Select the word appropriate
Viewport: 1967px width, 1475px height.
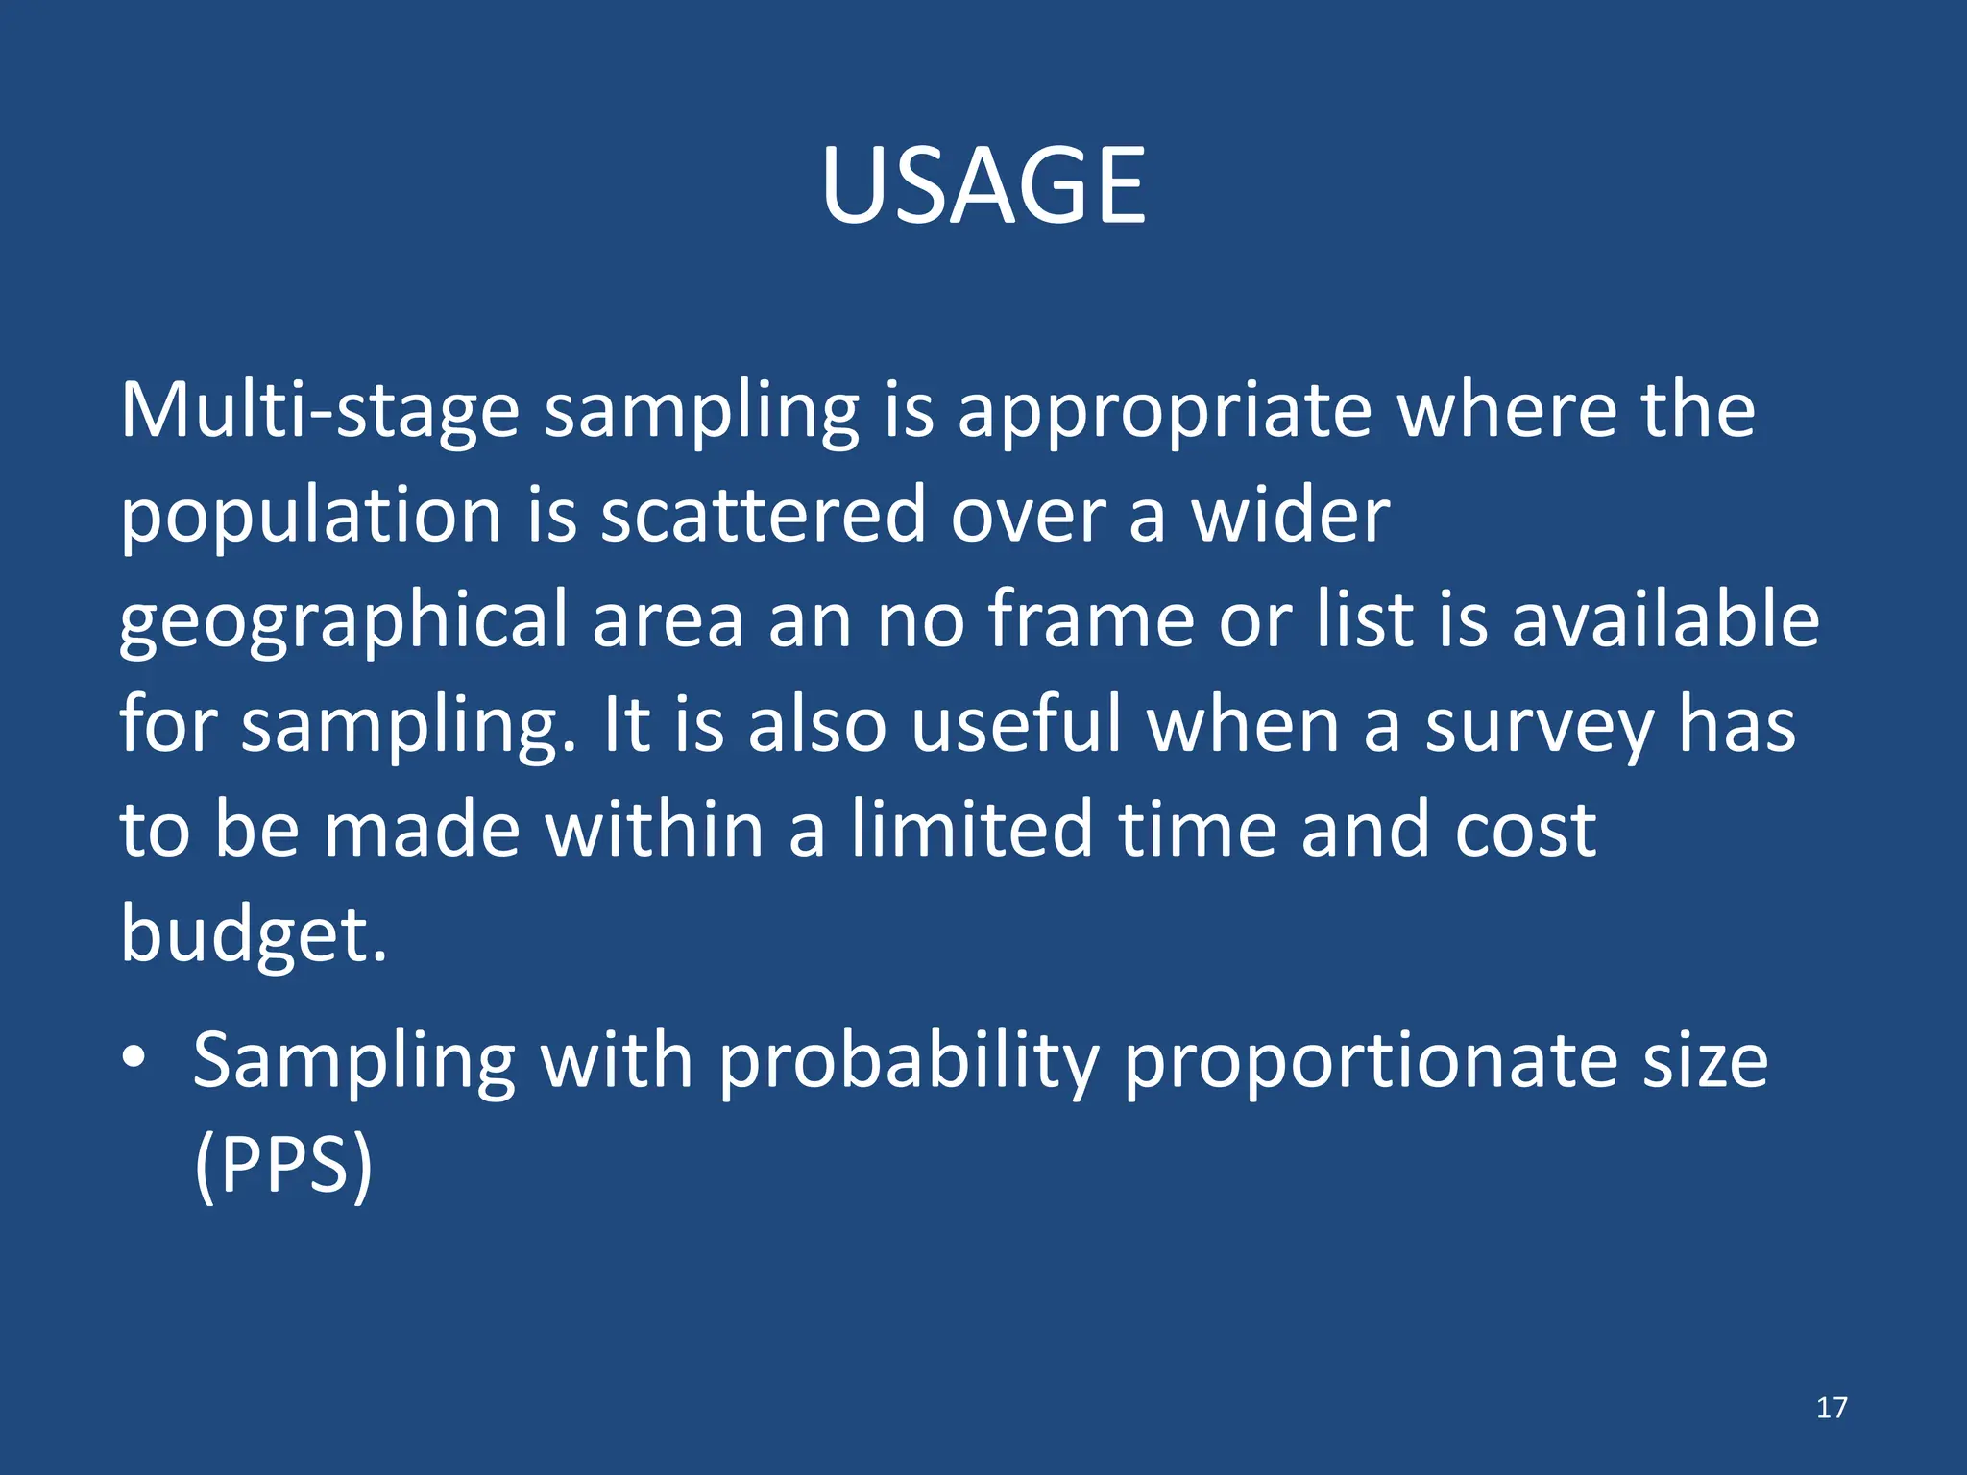pos(1164,411)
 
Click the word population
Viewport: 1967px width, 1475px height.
pos(309,517)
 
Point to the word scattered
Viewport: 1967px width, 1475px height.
pos(763,515)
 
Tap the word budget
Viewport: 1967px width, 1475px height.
pos(253,935)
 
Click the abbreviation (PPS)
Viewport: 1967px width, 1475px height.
pos(282,1166)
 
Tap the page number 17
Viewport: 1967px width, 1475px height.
pos(1831,1408)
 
